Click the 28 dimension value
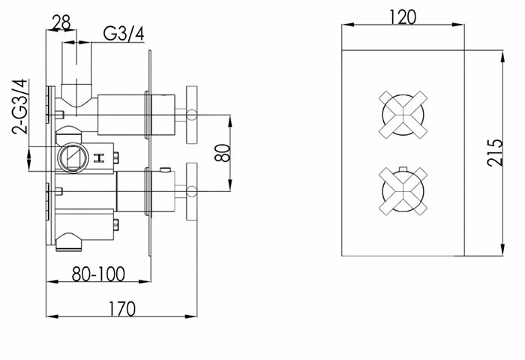tap(62, 22)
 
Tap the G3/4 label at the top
tap(124, 34)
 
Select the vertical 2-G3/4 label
tap(19, 106)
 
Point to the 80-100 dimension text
tap(98, 274)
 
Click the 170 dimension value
tap(122, 309)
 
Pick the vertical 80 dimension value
tap(223, 153)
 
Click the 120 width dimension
tap(403, 16)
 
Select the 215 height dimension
tap(495, 153)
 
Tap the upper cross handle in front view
tap(403, 114)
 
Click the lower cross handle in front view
tap(403, 191)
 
